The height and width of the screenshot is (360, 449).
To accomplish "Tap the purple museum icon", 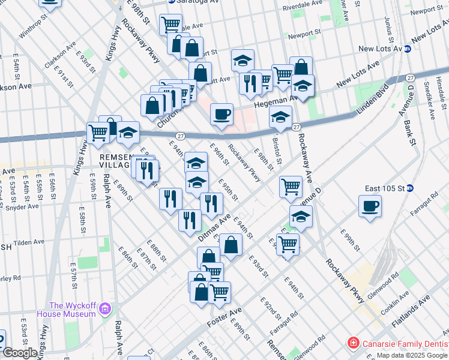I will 106,309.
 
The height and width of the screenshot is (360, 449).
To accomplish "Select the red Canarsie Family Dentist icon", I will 354,343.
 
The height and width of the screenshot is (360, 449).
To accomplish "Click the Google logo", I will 20,353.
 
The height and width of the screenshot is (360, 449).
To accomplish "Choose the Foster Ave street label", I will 224,317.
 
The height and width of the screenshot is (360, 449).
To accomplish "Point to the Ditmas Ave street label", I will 214,229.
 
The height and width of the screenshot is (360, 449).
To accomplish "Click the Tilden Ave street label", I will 29,242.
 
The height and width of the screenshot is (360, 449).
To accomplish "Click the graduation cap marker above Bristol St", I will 280,117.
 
